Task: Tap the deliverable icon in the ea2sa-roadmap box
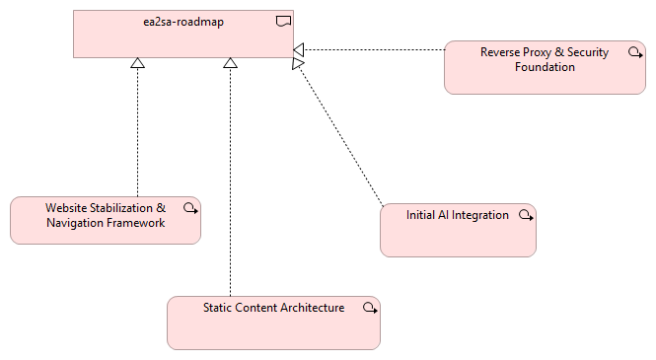[282, 22]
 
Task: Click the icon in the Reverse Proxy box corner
[634, 52]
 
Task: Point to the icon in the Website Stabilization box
[190, 209]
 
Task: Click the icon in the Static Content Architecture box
[370, 308]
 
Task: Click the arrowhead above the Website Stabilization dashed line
[138, 63]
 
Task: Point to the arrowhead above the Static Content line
[230, 63]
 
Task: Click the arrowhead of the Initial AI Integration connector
[297, 64]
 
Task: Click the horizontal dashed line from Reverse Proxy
[375, 48]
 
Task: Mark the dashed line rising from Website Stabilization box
[138, 133]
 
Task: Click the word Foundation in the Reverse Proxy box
[545, 67]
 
